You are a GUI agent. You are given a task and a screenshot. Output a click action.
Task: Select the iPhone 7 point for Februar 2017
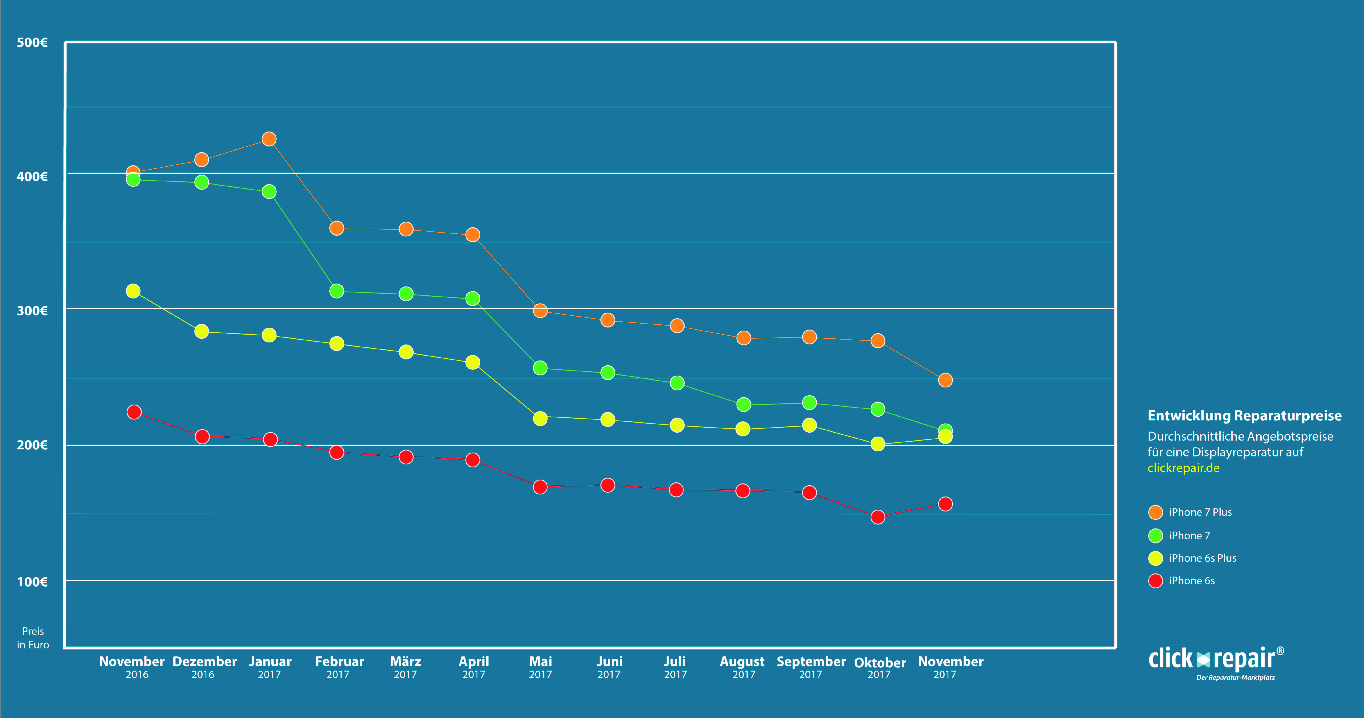click(337, 291)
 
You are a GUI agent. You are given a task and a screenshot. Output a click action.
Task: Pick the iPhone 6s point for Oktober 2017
click(878, 517)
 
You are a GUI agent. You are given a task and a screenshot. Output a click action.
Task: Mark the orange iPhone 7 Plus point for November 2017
click(945, 380)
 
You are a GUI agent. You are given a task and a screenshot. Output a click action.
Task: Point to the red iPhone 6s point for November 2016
click(134, 412)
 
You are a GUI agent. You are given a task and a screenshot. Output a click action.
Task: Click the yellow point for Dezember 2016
click(202, 331)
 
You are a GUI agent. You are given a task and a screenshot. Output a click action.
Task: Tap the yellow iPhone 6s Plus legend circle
click(1155, 558)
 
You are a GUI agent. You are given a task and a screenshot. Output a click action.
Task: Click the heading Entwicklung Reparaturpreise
click(1244, 416)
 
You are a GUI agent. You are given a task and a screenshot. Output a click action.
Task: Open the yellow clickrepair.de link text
click(1183, 468)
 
